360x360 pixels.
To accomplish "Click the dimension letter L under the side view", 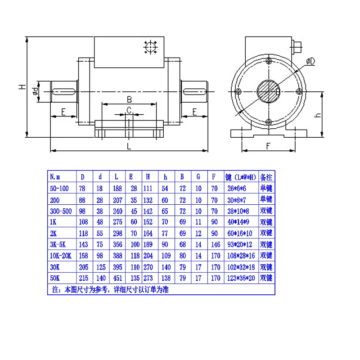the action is point(129,146).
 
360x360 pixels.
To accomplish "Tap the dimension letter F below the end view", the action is point(268,146).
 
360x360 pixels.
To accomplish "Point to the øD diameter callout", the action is point(310,61).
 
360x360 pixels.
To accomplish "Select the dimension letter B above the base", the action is point(129,99).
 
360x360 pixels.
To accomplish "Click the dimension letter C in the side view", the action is point(129,110).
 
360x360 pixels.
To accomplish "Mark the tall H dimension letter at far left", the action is point(22,87).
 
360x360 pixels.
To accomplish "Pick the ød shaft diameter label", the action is point(35,91).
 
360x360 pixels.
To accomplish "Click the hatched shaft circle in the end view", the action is point(268,91).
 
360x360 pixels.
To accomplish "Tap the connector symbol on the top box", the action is point(150,47).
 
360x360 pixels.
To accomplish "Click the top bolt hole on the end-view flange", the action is point(269,61).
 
